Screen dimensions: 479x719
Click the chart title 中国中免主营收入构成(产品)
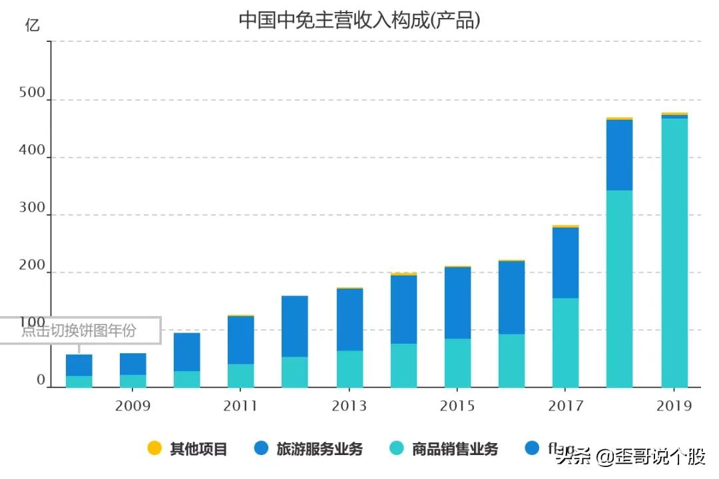[359, 20]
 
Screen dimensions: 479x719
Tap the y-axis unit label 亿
[32, 26]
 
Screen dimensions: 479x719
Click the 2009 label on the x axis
[132, 406]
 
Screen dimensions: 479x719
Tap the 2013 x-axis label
[349, 406]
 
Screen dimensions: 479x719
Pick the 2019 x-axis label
[674, 406]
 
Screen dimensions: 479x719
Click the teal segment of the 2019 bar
[674, 253]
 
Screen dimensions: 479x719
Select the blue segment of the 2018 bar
[620, 155]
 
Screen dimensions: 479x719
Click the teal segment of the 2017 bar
[565, 343]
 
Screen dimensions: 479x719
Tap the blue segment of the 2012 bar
[294, 326]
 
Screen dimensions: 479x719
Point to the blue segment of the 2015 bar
[457, 303]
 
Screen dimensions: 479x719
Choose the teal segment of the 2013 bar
[350, 369]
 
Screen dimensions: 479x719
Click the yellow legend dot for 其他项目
[154, 448]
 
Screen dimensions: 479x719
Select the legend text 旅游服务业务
[320, 449]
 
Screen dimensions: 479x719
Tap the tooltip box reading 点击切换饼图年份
[80, 331]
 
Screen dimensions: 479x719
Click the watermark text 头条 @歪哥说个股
[630, 456]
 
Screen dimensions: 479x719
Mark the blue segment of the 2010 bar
[186, 351]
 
